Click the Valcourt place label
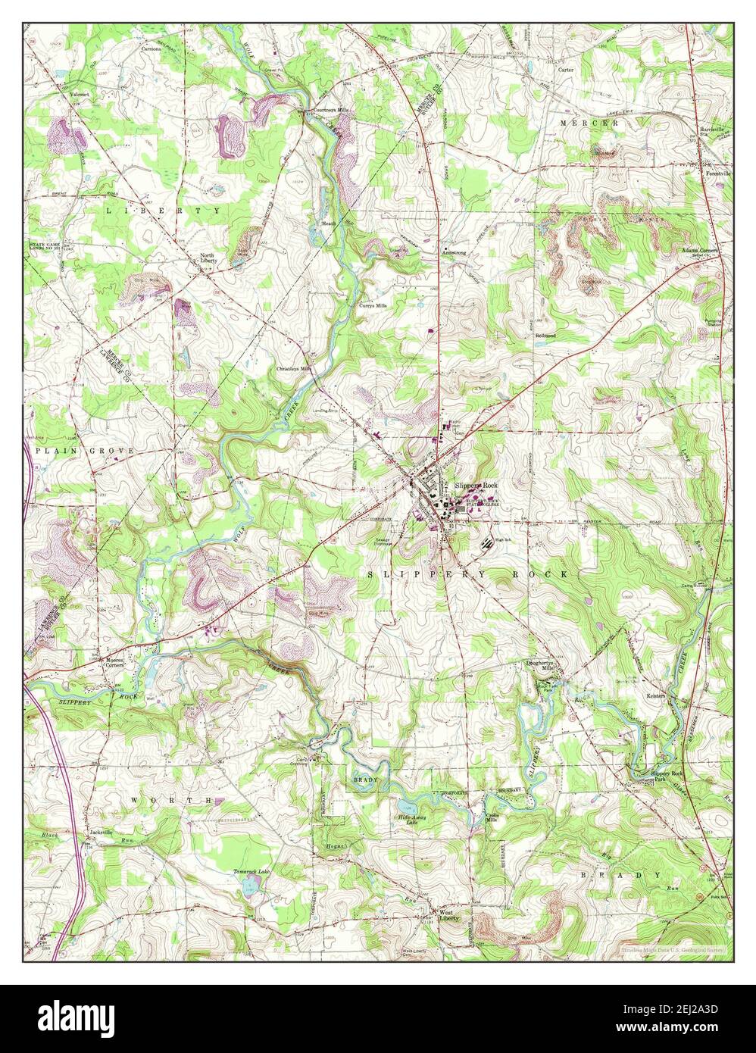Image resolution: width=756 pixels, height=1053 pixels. [80, 95]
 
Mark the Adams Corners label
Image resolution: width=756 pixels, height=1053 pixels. [698, 249]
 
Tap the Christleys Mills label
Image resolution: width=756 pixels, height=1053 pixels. [295, 369]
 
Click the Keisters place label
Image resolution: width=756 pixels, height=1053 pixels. [655, 695]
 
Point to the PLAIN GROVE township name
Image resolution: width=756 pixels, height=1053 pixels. [84, 450]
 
